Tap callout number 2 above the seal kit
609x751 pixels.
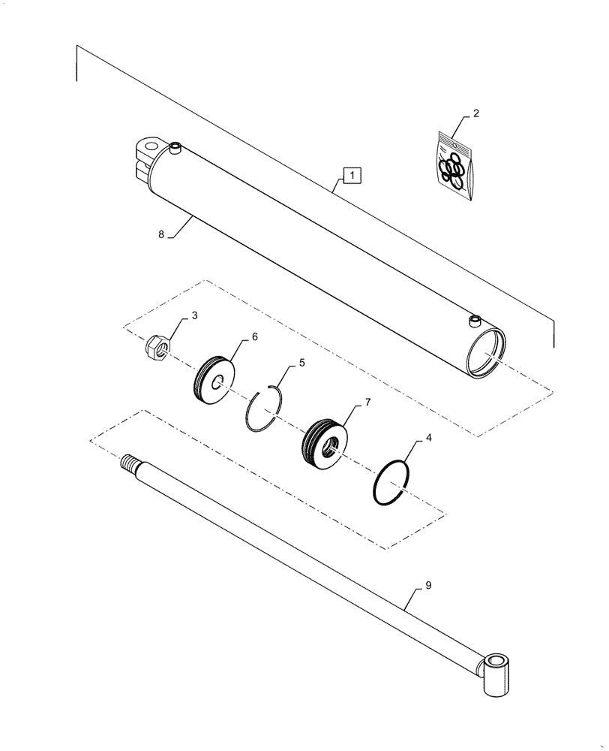click(x=475, y=114)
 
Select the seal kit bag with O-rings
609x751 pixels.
click(x=454, y=165)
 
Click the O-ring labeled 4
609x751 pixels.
click(x=391, y=484)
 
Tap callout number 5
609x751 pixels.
click(x=301, y=362)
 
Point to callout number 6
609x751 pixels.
click(x=254, y=338)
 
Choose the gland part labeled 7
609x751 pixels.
click(x=324, y=445)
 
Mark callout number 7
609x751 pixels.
click(x=368, y=403)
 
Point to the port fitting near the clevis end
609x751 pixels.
click(x=176, y=148)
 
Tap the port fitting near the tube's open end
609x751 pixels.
click(x=473, y=321)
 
